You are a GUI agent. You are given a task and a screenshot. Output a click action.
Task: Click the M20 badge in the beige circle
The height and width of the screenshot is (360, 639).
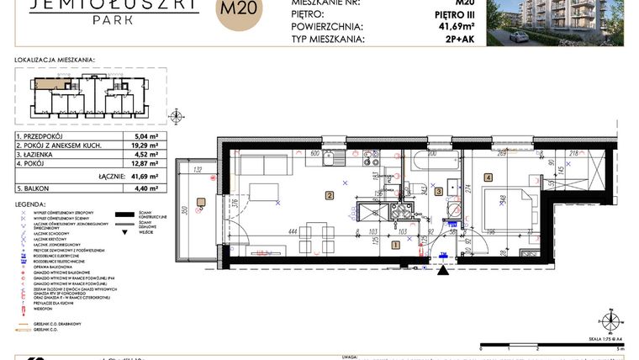coord(239,12)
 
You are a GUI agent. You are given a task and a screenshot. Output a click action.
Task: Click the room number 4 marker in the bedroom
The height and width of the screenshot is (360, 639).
coord(488,178)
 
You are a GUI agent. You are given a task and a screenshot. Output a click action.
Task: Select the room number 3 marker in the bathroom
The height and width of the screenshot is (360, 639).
coord(439,192)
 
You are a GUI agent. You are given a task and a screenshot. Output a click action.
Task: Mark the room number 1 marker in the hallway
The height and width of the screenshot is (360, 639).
coord(396,245)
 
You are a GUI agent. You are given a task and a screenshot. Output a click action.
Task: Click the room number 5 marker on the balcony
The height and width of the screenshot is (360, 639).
coord(201,200)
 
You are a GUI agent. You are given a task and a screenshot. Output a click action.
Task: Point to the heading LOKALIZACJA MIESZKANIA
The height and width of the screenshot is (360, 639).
coord(55,61)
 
